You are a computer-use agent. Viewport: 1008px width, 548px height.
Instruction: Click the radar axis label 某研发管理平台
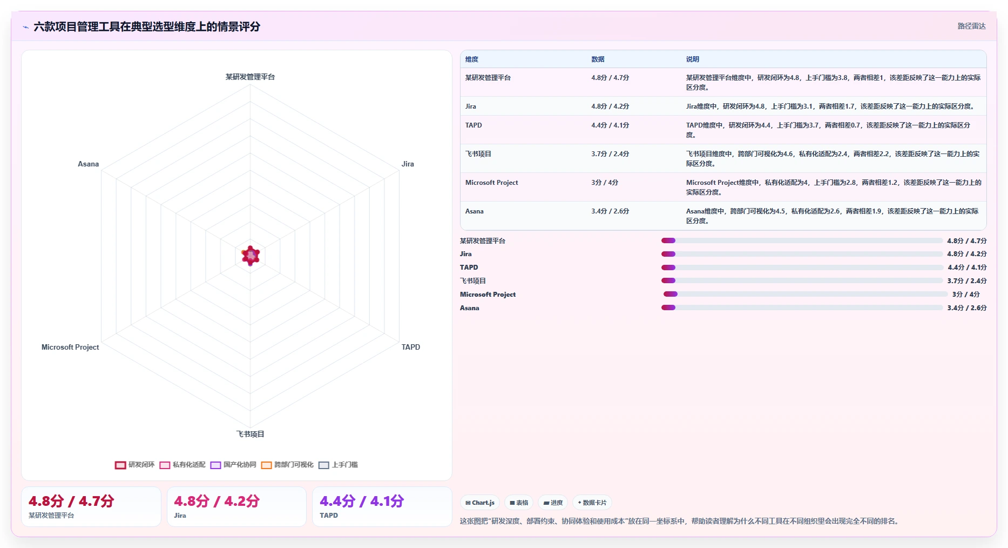(250, 77)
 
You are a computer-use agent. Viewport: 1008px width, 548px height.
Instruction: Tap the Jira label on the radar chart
(408, 164)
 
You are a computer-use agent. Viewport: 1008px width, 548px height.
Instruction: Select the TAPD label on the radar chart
(410, 347)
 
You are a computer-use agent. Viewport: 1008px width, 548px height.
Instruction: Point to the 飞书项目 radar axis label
(250, 434)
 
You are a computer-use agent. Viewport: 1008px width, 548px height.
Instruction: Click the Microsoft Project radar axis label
(70, 347)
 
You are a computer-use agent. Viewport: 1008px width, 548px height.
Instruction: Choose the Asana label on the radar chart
(88, 164)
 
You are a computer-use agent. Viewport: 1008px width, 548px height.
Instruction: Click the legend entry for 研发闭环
(135, 465)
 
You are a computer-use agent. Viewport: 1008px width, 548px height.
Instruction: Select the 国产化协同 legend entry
(233, 465)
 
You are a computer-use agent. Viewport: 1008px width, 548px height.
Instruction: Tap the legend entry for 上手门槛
(339, 465)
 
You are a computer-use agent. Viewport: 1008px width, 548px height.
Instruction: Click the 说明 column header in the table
(693, 59)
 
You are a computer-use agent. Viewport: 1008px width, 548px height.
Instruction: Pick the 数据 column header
(598, 59)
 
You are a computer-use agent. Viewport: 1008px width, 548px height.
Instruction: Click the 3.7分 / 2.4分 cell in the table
(610, 154)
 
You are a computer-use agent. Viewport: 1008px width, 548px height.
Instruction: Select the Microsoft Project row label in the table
(491, 183)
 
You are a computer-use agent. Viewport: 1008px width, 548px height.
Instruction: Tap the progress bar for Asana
(802, 308)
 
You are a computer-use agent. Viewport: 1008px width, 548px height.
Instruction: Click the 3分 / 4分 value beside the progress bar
(966, 295)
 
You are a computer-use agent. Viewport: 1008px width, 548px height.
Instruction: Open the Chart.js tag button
(480, 503)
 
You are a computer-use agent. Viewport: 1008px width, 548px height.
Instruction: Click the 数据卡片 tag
(592, 503)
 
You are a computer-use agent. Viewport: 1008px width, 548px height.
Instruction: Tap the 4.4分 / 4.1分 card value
(362, 501)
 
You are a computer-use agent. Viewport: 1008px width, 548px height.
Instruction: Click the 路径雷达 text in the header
(972, 26)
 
